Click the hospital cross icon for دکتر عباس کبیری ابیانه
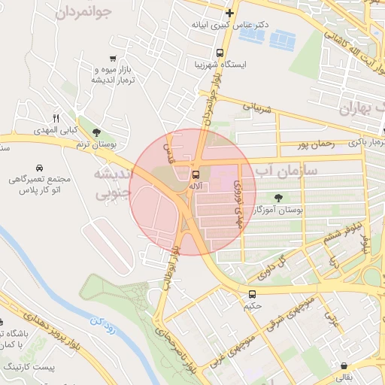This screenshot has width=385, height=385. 229,14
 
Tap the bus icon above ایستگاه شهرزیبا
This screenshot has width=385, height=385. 220,53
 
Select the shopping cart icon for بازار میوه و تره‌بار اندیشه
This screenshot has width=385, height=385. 113,58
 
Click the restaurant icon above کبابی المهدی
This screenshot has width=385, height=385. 55,118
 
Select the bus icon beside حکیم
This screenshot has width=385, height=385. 251,295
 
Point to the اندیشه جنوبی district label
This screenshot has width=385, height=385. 112,184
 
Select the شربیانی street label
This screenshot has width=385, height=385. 256,108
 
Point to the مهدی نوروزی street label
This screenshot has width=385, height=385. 238,203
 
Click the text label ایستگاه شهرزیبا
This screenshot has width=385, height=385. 219,66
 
